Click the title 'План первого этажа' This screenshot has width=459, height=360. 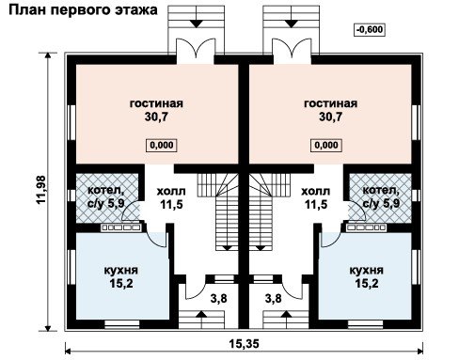[83, 9]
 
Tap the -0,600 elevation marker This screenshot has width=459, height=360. [370, 29]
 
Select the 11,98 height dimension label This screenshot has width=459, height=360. [41, 190]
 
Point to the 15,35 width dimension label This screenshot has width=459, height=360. [245, 344]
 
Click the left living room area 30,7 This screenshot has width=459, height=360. [156, 117]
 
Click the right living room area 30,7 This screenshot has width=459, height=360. [330, 117]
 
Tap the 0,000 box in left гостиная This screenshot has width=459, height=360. [162, 145]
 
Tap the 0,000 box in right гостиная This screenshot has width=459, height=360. [326, 145]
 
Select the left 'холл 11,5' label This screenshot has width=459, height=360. [171, 197]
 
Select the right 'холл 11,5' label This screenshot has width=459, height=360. [316, 197]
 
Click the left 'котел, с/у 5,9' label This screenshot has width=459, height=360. [106, 196]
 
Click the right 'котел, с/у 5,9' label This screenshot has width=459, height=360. [381, 196]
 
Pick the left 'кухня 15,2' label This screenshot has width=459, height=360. [121, 276]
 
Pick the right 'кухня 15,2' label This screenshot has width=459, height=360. [367, 276]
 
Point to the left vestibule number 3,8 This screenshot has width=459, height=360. [218, 299]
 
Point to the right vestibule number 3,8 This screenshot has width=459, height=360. [274, 299]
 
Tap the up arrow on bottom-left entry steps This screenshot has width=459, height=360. [201, 320]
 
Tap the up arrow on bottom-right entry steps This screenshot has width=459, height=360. [286, 320]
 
